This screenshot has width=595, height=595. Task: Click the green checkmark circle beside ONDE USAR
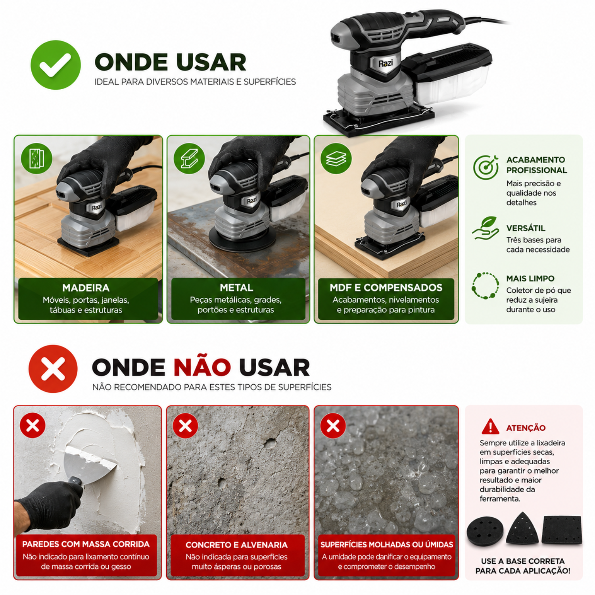tap(56, 65)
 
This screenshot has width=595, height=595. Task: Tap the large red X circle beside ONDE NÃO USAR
tap(53, 369)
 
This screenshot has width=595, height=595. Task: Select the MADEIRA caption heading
tap(86, 288)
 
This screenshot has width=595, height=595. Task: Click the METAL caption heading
tap(236, 288)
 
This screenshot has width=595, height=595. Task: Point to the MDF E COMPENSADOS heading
tap(386, 288)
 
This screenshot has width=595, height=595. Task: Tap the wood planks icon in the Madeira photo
tap(36, 158)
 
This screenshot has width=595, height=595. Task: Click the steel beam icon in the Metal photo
tap(189, 158)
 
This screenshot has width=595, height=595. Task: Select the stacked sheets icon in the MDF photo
tap(336, 158)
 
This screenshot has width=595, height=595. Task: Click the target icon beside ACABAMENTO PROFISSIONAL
tap(486, 167)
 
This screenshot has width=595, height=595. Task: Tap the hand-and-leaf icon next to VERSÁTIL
tap(486, 228)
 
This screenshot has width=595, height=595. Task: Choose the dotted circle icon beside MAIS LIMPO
tap(486, 286)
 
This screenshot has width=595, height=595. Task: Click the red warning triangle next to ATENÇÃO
tap(490, 426)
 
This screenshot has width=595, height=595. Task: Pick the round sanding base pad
tap(485, 531)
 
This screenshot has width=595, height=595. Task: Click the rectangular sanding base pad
tap(562, 530)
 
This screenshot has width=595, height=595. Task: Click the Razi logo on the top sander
tap(386, 63)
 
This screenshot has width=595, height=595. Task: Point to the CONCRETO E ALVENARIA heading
tap(236, 545)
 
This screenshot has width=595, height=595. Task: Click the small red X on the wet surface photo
tap(333, 426)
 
